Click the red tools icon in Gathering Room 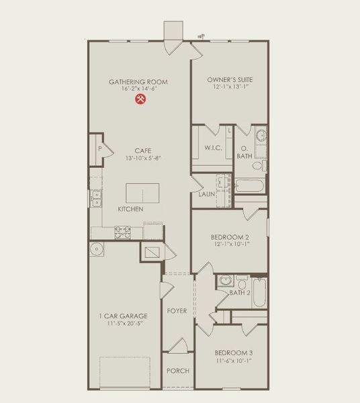point(141,99)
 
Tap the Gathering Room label point(138,82)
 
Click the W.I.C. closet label point(214,148)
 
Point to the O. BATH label point(244,152)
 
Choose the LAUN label point(206,194)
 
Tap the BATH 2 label point(240,292)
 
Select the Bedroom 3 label point(233,352)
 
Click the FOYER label point(177,311)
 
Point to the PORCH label point(178,371)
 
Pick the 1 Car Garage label point(122,315)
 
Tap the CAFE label point(142,150)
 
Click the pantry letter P point(99,148)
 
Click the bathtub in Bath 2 point(259,293)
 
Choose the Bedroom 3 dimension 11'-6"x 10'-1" point(233,361)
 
